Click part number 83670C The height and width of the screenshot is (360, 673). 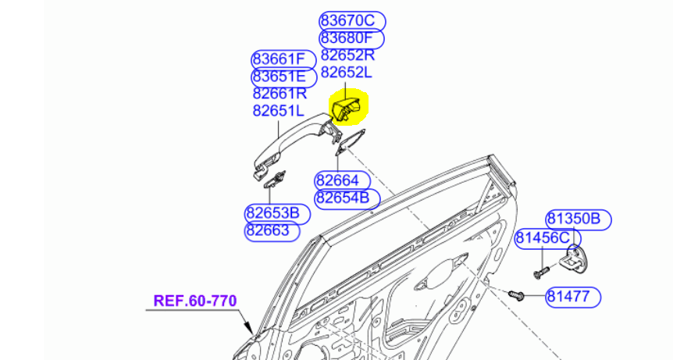click(352, 21)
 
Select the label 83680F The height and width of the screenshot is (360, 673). click(352, 38)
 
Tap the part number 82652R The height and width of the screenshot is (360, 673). click(347, 55)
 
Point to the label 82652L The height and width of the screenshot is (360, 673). click(347, 73)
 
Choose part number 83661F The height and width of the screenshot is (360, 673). click(283, 59)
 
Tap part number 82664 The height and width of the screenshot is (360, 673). click(337, 180)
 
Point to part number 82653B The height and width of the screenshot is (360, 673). click(272, 213)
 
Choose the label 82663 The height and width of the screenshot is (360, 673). click(267, 231)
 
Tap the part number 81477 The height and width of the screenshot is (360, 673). click(573, 297)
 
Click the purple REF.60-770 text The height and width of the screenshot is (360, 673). click(194, 300)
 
